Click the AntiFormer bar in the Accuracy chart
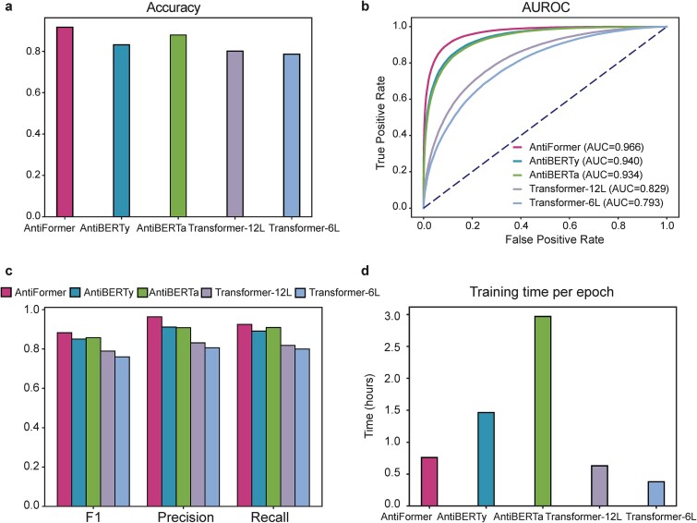coord(65,122)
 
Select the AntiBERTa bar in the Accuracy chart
coord(178,126)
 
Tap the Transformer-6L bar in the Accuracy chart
coord(292,135)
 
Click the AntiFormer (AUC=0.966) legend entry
coord(578,146)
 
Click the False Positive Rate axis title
coord(554,239)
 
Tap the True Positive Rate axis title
coord(380,123)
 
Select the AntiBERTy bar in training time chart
coord(487,459)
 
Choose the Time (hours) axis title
coord(370,406)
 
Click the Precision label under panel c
coord(186,517)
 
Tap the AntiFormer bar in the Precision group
coord(155,411)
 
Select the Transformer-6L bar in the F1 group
coord(122,432)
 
